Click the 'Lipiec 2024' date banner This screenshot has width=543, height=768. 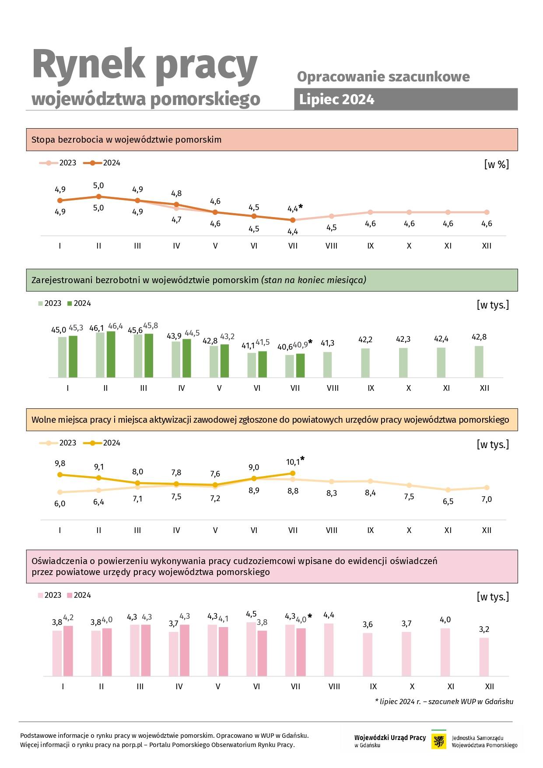[406, 99]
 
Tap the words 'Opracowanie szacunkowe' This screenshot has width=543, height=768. [383, 77]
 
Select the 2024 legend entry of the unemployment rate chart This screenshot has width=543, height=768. [102, 163]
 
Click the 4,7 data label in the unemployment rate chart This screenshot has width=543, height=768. [176, 220]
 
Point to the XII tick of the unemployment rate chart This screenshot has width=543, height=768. [487, 246]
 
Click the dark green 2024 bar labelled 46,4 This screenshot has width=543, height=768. [111, 354]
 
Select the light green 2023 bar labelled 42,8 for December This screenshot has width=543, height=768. [479, 361]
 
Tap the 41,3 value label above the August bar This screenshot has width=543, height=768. [328, 343]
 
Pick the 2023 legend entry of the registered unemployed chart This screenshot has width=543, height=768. [50, 303]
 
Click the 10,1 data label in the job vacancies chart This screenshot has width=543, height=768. [293, 462]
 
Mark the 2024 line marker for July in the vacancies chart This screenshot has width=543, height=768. [293, 473]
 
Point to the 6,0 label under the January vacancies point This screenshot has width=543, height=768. [60, 504]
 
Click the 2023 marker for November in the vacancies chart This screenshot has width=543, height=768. [448, 490]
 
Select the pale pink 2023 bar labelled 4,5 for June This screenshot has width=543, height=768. [251, 649]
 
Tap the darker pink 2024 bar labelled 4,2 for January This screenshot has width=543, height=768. [68, 651]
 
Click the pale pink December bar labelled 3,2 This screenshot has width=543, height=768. [484, 657]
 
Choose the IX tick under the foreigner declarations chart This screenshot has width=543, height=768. [373, 687]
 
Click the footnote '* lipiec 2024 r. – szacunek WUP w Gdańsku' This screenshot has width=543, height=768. [444, 701]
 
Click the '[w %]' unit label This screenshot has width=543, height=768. [497, 165]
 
